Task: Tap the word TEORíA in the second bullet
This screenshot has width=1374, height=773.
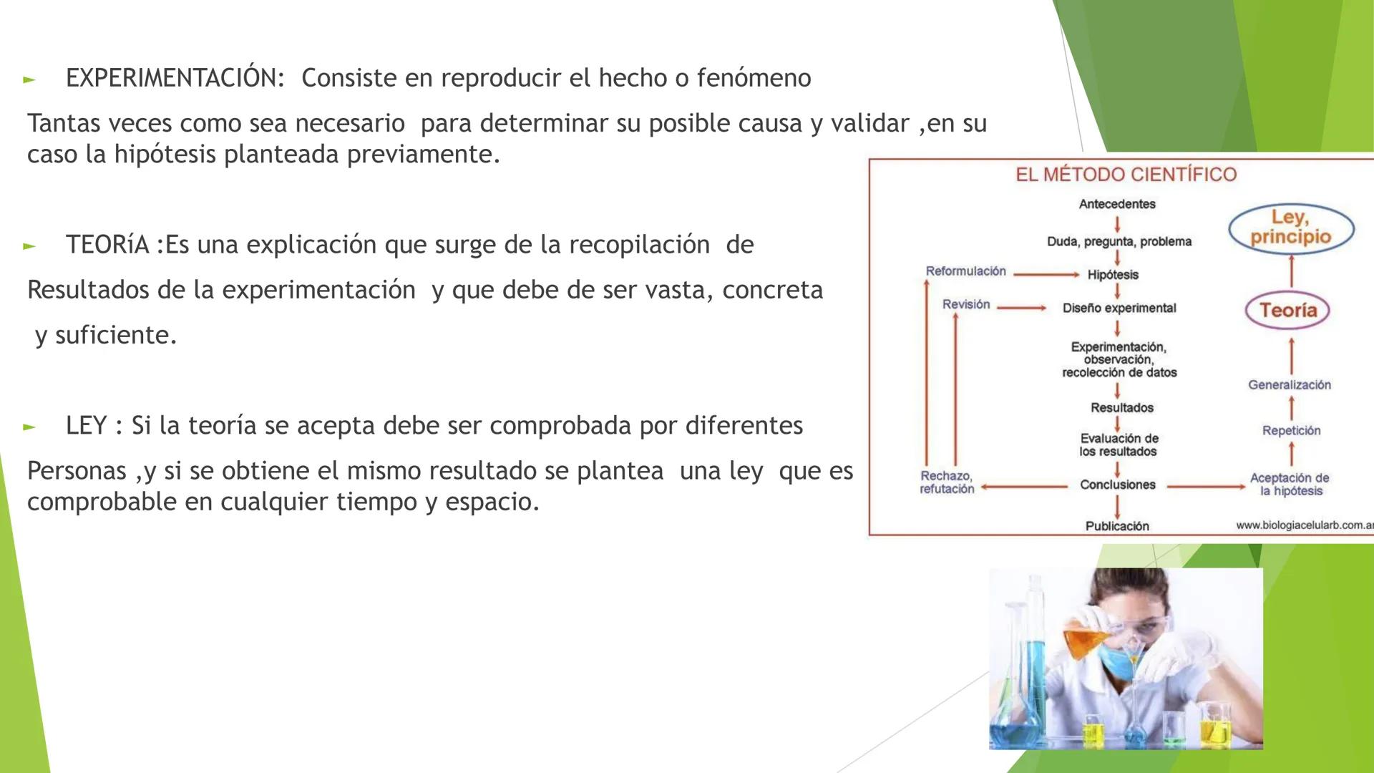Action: [107, 245]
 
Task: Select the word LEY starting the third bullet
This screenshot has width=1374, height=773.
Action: [86, 426]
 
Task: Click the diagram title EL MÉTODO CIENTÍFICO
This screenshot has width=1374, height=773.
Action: [1126, 175]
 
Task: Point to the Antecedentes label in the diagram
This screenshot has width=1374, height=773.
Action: [1117, 204]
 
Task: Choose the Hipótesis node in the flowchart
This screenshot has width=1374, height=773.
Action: [1113, 275]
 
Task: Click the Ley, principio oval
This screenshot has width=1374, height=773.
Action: [1291, 228]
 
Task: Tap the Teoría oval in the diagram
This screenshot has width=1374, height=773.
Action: [1288, 310]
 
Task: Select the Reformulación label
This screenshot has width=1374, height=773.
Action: [965, 271]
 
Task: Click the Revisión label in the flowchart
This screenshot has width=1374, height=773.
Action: [966, 304]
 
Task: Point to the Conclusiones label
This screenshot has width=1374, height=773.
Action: [1117, 485]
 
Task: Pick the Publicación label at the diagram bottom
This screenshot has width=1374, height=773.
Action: [1117, 526]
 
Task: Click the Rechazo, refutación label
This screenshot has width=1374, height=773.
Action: [947, 482]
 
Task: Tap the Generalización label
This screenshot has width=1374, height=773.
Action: [1290, 385]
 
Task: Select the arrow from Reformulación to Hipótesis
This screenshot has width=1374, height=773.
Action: [1046, 274]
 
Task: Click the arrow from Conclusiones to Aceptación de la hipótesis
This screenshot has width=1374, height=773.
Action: [1207, 486]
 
